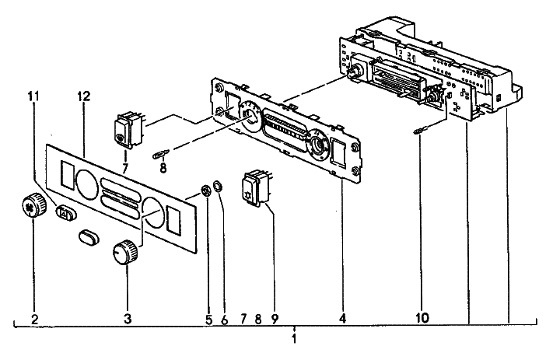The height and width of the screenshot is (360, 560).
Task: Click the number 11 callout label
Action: tap(33, 96)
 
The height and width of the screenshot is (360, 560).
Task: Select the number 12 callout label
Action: tap(84, 96)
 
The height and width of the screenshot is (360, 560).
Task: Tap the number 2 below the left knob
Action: tap(34, 318)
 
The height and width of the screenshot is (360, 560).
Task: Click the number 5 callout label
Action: tap(208, 318)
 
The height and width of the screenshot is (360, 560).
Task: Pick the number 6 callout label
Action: tap(223, 318)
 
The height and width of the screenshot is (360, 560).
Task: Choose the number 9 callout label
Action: tap(275, 318)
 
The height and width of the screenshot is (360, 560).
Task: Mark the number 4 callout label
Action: tap(343, 318)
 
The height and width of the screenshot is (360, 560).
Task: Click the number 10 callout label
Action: tap(422, 318)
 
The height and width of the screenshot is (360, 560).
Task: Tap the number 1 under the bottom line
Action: tap(294, 339)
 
